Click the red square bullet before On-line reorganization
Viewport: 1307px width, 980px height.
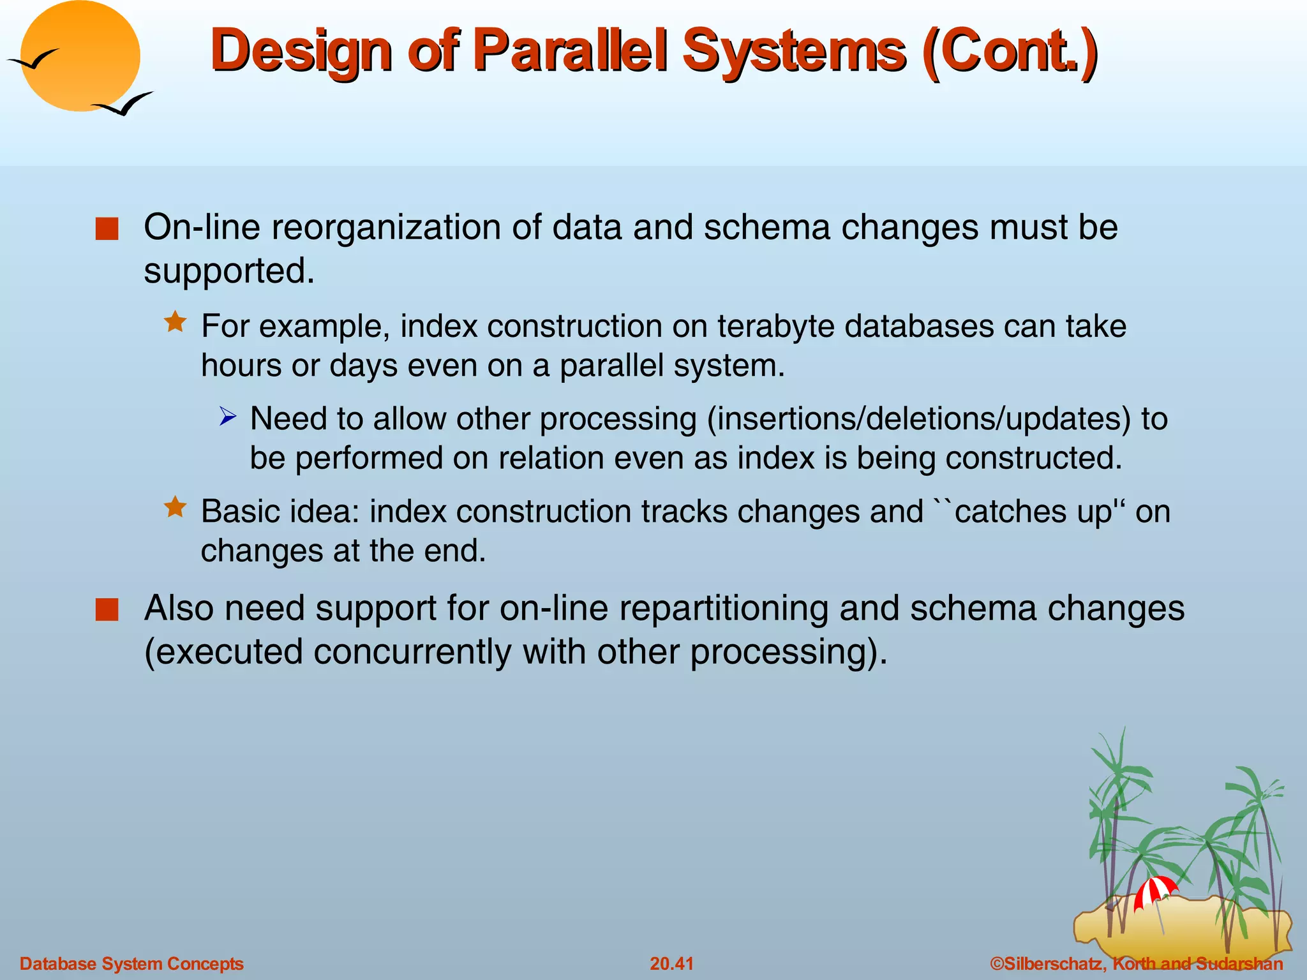tap(107, 229)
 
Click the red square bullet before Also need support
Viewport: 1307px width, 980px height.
tap(107, 609)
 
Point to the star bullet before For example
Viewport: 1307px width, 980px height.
tap(175, 322)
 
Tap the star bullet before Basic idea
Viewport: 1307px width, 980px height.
tap(175, 508)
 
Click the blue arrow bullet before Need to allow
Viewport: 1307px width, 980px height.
tap(228, 417)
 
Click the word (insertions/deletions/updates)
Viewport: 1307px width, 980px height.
tap(919, 419)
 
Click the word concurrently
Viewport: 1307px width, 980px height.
tap(412, 652)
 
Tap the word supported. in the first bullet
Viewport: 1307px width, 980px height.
tap(229, 271)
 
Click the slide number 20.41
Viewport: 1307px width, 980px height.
tap(671, 963)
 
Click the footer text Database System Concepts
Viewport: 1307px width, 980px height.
tap(131, 963)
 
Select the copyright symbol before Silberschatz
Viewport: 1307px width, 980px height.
tap(996, 963)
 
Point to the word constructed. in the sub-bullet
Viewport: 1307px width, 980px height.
tap(1033, 458)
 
